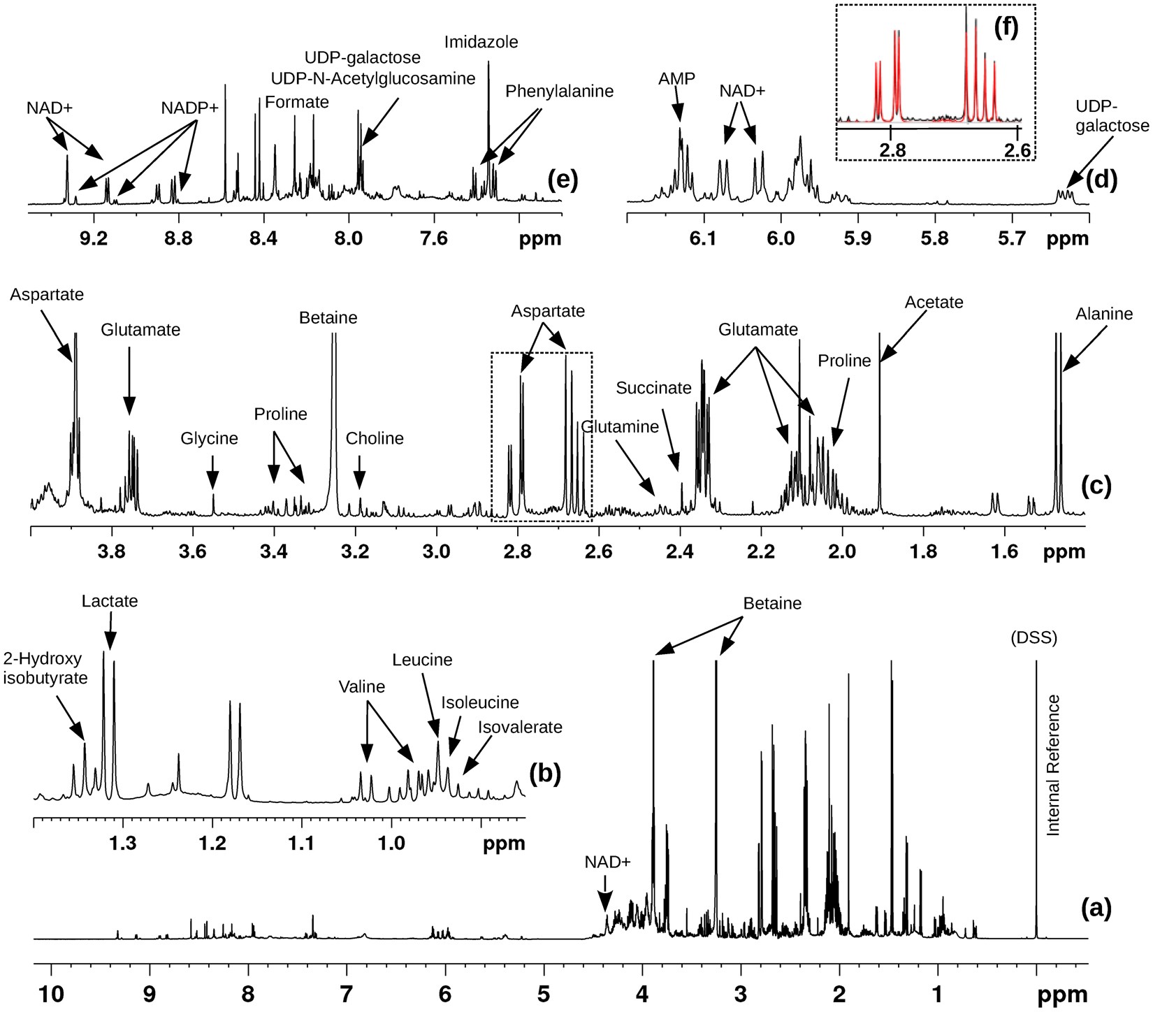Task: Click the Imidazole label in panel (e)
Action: point(481,42)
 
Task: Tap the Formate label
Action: point(297,102)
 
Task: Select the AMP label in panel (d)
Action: point(676,78)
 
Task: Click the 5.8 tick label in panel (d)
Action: point(935,239)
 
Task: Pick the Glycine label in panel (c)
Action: point(210,438)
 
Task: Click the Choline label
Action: point(375,438)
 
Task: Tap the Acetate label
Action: point(934,302)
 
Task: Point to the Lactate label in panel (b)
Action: point(110,601)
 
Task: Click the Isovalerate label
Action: point(520,727)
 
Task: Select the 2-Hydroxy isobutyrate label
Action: point(45,668)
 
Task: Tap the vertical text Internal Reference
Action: point(1054,765)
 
